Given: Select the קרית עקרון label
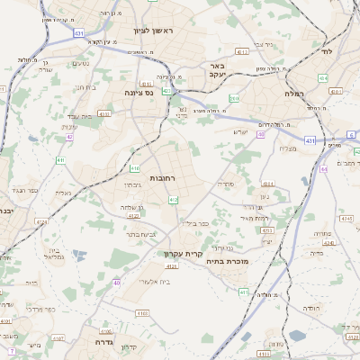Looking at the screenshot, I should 183,254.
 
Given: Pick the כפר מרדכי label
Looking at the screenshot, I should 39,308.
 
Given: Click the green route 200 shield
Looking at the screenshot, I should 234,98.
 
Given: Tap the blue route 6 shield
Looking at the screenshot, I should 351,134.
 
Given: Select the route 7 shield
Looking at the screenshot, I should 12,350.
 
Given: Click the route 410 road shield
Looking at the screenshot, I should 135,168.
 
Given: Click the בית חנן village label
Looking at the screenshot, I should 84,87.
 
